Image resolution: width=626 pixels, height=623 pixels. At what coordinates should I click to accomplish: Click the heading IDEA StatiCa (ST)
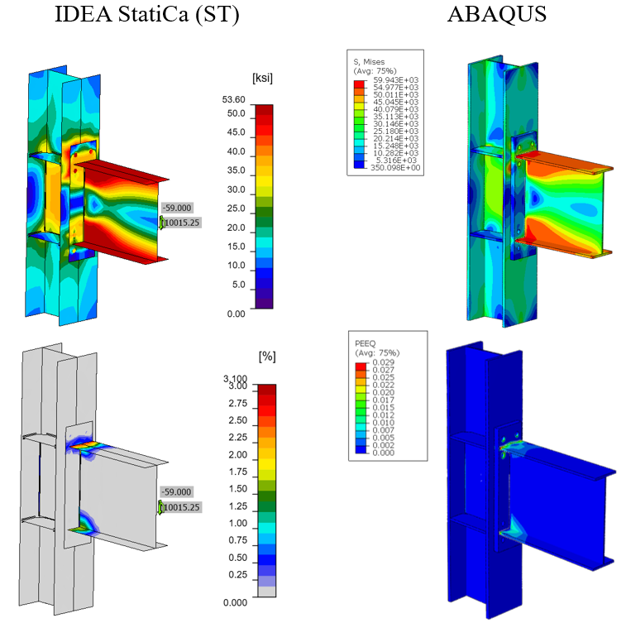147,15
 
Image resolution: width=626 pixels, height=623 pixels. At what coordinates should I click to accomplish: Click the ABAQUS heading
497,14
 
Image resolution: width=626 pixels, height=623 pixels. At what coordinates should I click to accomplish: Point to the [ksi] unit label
262,78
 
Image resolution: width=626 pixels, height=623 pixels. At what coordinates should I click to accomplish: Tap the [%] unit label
267,357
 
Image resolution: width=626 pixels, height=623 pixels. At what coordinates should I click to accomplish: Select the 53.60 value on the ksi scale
233,99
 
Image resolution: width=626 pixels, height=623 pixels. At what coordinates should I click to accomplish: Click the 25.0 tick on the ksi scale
236,208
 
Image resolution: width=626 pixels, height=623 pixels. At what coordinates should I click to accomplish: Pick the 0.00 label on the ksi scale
236,314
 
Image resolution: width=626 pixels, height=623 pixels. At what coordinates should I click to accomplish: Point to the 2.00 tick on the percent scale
238,455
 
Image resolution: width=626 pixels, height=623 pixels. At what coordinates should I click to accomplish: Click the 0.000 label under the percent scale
235,602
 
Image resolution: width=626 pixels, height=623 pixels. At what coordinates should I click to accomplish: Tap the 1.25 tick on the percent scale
238,506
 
